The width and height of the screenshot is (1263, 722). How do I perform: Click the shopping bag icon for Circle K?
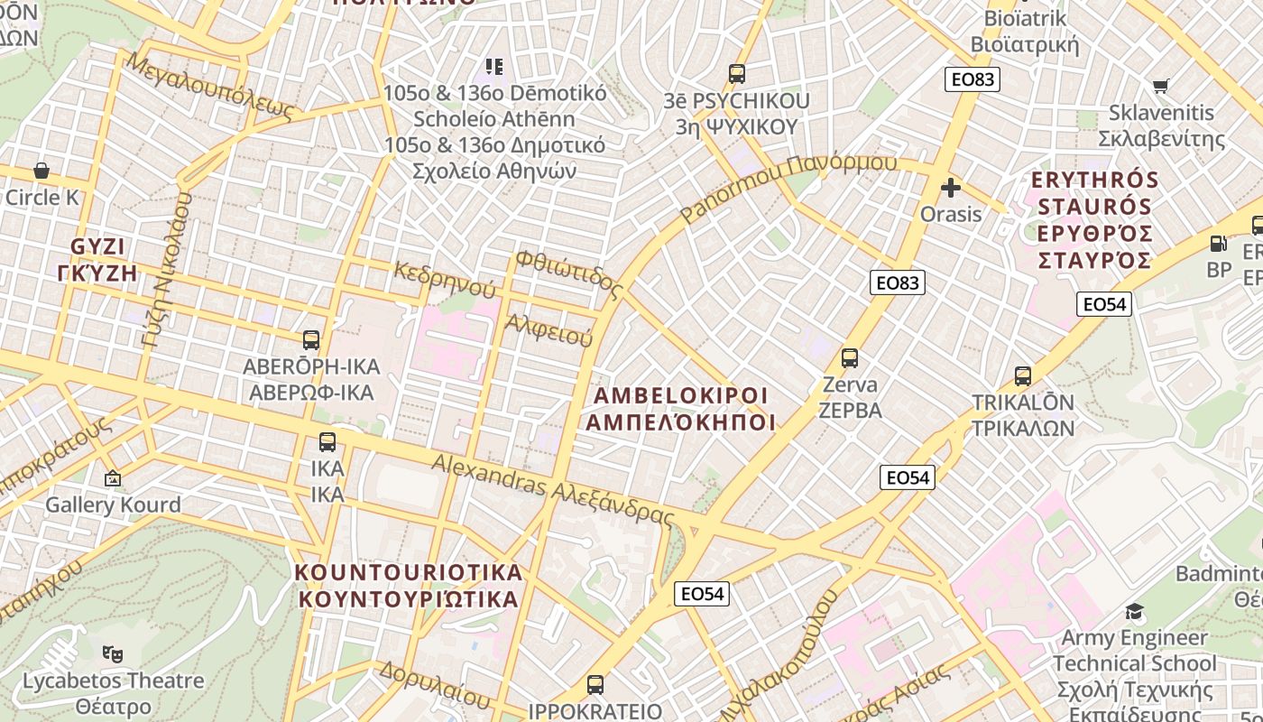(41, 171)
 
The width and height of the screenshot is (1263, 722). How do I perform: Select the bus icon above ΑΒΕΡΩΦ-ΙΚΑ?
(311, 340)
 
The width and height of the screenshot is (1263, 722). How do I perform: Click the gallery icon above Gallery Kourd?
(113, 478)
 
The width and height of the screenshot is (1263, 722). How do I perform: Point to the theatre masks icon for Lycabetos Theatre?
(113, 653)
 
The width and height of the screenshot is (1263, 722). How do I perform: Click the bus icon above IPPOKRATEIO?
(595, 684)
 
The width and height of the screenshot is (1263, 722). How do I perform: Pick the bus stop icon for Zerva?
(849, 358)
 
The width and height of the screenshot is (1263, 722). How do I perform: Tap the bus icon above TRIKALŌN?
(1022, 375)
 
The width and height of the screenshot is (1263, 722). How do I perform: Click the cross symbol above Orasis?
(950, 188)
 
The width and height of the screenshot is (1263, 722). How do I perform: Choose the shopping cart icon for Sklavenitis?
(1160, 86)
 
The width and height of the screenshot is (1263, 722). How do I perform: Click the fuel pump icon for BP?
(1218, 244)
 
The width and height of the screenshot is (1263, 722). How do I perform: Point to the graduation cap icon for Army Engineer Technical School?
(1134, 612)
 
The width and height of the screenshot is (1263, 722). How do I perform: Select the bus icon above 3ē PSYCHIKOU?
(737, 74)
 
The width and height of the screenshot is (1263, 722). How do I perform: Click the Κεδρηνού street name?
(445, 280)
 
